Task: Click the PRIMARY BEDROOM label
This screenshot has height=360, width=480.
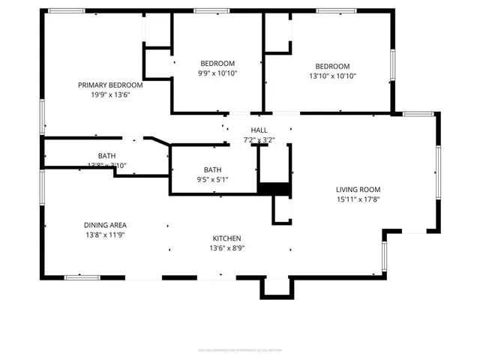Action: [110, 85]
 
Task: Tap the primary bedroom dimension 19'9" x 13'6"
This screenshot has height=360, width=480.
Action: [110, 95]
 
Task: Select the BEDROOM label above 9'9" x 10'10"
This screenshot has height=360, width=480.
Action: [217, 63]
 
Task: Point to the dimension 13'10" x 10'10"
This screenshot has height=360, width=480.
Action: [332, 76]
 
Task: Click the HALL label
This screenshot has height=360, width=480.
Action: [259, 130]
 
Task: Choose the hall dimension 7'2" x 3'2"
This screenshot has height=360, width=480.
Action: [259, 140]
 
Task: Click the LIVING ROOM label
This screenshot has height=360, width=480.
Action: [358, 190]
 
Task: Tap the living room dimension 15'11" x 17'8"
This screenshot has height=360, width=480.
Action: [358, 200]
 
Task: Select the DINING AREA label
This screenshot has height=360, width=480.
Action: [104, 225]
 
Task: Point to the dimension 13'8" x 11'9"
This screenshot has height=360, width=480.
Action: [104, 235]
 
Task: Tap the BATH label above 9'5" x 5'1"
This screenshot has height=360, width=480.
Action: [214, 169]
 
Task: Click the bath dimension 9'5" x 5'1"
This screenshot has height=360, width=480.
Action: [214, 180]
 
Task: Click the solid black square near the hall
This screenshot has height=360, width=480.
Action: [274, 189]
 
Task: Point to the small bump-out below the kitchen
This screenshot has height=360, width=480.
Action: [275, 288]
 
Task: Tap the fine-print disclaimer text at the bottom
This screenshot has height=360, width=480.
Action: [239, 349]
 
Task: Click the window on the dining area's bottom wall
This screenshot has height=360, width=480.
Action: [82, 277]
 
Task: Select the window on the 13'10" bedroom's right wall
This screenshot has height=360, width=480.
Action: [391, 65]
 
